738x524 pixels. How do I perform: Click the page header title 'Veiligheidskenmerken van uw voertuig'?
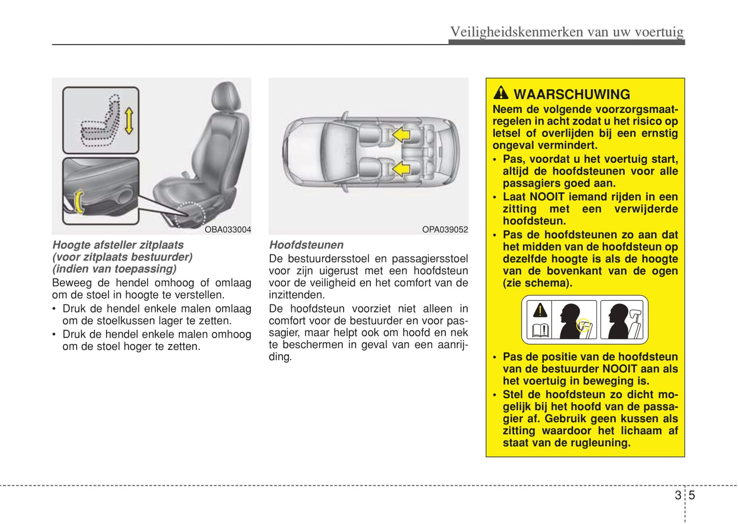(566, 32)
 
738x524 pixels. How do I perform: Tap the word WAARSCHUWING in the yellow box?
(572, 94)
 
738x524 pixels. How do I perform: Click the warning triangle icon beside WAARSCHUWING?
(501, 93)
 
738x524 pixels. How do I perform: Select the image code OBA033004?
(228, 230)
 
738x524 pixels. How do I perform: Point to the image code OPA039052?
(445, 230)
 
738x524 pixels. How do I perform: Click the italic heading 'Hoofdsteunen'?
(306, 245)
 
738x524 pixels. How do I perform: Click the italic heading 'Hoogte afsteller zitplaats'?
(118, 245)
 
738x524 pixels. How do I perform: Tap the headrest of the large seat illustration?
(225, 97)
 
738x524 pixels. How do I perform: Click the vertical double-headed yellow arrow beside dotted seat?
(129, 120)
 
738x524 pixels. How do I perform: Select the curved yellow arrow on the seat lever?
(78, 201)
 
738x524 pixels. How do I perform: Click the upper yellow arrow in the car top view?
(401, 134)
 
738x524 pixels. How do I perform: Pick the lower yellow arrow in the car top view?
(401, 168)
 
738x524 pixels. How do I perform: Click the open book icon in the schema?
(540, 330)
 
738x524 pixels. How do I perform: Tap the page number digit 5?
(692, 495)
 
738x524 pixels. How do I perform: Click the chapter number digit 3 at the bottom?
(678, 495)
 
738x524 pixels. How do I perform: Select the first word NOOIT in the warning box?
(546, 197)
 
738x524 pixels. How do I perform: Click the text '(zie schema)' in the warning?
(537, 283)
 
